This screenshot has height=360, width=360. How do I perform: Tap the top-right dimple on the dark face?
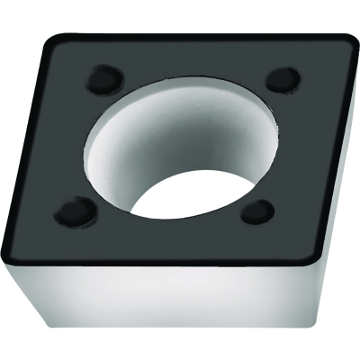(x=283, y=78)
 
